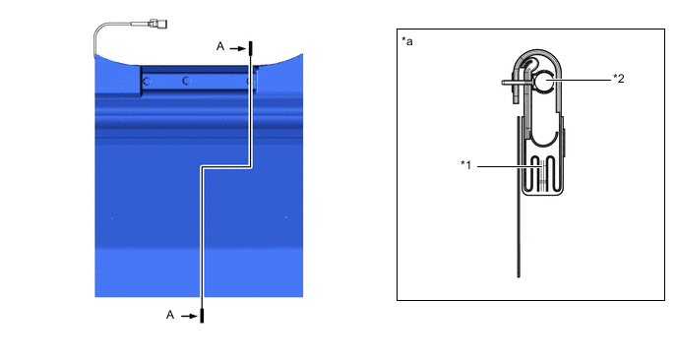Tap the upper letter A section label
[221, 45]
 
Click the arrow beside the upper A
[237, 45]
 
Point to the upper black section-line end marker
[250, 48]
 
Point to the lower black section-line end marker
[202, 315]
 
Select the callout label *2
[619, 79]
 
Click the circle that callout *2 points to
[544, 85]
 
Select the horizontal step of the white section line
[226, 168]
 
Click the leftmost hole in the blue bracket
[146, 84]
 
